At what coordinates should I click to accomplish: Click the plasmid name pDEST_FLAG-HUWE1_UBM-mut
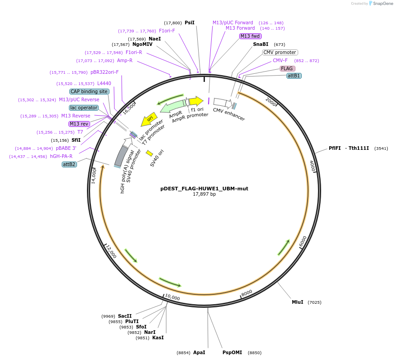click(x=204, y=189)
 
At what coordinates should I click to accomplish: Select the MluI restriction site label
click(x=297, y=302)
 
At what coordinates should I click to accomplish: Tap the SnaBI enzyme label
click(x=260, y=44)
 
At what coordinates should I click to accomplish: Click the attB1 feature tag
click(x=294, y=76)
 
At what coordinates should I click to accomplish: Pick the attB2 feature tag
click(x=69, y=164)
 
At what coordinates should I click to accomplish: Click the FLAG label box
click(x=287, y=68)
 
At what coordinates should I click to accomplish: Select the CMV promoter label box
click(x=280, y=52)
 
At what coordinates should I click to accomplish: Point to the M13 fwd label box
click(x=250, y=36)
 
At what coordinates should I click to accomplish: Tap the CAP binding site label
click(x=89, y=91)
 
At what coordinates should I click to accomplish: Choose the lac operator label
click(x=84, y=108)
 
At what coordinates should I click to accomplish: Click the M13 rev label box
click(x=79, y=124)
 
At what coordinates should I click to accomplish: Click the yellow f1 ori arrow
click(x=196, y=101)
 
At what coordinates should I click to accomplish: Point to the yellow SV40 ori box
click(x=150, y=153)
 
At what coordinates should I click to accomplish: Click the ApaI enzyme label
click(x=199, y=353)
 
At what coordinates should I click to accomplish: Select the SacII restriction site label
click(x=125, y=316)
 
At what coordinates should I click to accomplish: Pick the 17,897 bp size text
click(x=204, y=194)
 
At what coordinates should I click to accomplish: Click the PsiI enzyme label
click(x=190, y=22)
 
